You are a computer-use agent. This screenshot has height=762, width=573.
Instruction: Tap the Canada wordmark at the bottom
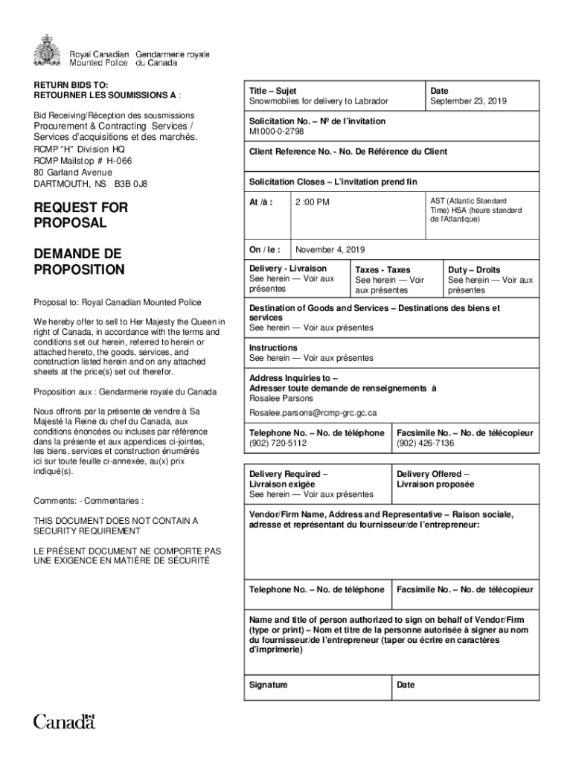tap(65, 721)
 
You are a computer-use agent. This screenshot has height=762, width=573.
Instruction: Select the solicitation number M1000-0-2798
tap(277, 131)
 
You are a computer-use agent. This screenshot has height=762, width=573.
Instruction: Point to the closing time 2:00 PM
tap(312, 202)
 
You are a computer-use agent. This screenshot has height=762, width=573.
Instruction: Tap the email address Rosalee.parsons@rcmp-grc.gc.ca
tap(313, 412)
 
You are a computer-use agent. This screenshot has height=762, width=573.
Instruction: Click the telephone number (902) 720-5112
tap(278, 443)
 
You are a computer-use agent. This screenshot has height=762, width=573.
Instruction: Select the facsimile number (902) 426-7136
tap(425, 443)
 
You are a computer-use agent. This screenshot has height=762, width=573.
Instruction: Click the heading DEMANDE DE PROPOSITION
tap(79, 261)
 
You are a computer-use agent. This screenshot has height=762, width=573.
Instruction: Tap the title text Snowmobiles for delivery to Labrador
tap(318, 101)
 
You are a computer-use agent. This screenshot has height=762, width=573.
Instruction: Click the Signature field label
tap(268, 685)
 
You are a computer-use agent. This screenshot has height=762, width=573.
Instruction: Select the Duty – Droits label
tap(473, 269)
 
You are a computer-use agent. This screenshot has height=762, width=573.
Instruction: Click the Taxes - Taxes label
tap(382, 269)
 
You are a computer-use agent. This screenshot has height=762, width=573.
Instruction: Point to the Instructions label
tap(273, 348)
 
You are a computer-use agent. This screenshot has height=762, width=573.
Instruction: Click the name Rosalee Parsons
tap(281, 398)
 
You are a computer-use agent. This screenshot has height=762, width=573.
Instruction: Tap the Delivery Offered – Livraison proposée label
tap(433, 479)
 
